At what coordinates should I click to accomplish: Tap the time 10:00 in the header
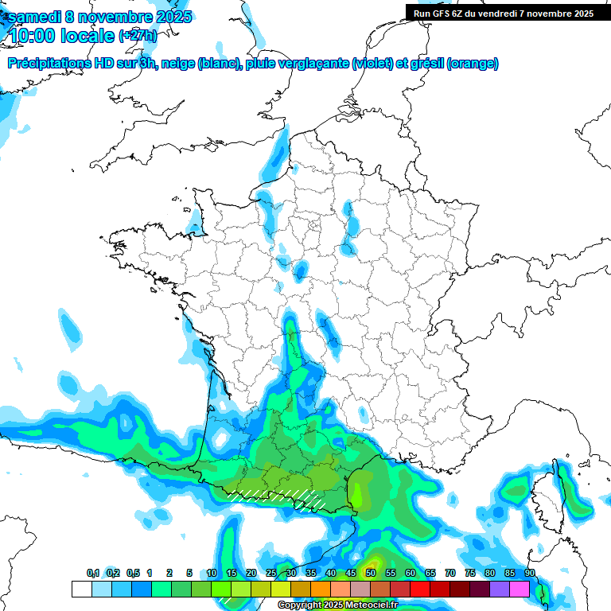pyautogui.click(x=33, y=36)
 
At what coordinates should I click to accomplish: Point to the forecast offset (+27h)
pyautogui.click(x=138, y=36)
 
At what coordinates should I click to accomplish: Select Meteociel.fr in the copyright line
pyautogui.click(x=368, y=605)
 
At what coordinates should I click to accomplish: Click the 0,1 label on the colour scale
pyautogui.click(x=93, y=573)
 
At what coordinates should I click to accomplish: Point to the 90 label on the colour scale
pyautogui.click(x=530, y=573)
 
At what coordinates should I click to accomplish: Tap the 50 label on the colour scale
pyautogui.click(x=371, y=573)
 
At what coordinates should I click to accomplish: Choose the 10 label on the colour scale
pyautogui.click(x=212, y=573)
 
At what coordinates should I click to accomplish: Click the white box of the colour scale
pyautogui.click(x=81, y=589)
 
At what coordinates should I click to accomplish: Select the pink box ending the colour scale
pyautogui.click(x=520, y=589)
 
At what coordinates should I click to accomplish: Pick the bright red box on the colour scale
pyautogui.click(x=420, y=589)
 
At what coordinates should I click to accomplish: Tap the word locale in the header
pyautogui.click(x=88, y=36)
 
